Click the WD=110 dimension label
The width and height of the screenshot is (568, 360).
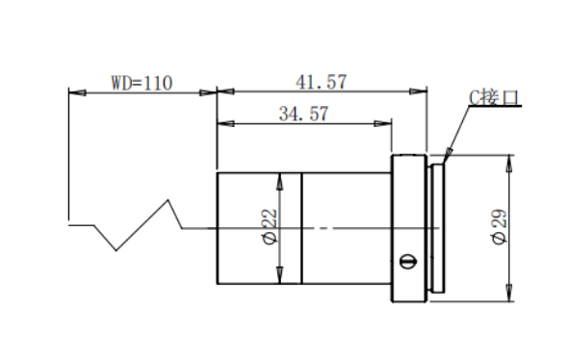142,83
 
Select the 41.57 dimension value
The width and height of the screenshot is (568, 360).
321,82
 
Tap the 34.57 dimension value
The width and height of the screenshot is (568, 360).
303,114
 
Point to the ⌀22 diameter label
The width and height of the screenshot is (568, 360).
271,226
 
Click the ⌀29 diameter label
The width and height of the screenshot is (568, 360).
500,227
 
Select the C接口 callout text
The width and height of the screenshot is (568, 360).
493,97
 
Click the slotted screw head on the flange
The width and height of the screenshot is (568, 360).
408,261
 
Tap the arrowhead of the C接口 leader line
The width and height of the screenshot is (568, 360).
448,154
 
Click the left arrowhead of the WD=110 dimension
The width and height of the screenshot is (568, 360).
77,92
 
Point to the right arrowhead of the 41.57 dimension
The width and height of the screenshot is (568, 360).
419,91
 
